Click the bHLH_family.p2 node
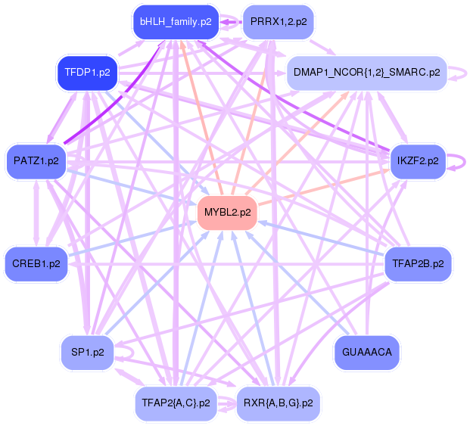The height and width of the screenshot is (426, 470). (x=176, y=22)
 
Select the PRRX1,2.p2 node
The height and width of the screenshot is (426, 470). (x=278, y=22)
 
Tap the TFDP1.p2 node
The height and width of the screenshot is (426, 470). (x=88, y=73)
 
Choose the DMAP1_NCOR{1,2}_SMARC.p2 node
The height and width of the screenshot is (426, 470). (x=365, y=73)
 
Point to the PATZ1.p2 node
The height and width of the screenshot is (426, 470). (x=36, y=160)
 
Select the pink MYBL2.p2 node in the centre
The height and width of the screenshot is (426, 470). (x=228, y=212)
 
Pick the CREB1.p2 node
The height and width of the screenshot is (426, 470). (x=36, y=264)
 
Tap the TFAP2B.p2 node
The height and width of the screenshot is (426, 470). (x=418, y=264)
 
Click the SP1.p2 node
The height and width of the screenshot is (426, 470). (x=88, y=352)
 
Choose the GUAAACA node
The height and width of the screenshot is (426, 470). (x=366, y=352)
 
